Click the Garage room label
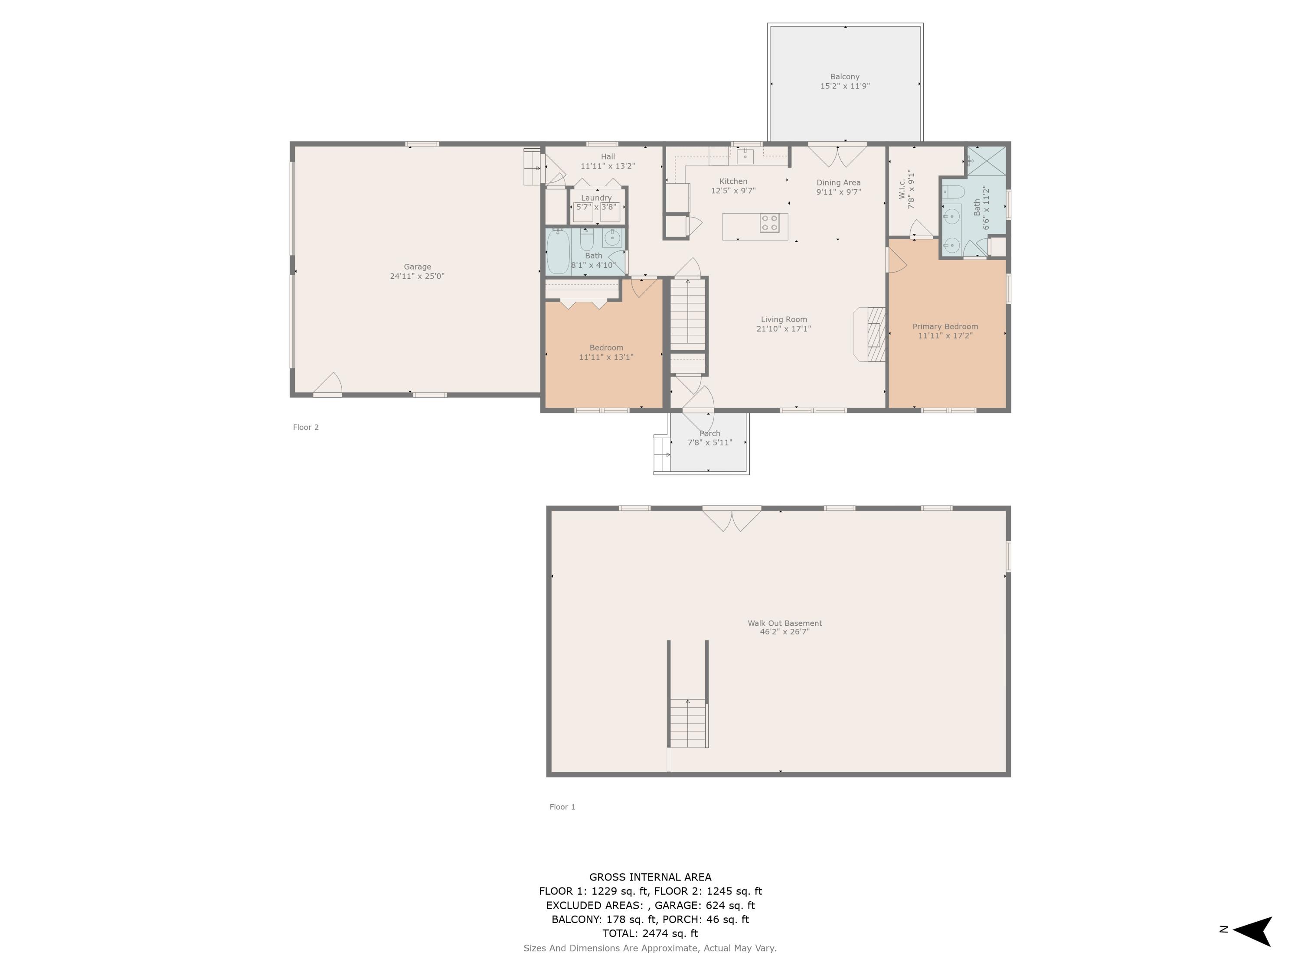(x=417, y=267)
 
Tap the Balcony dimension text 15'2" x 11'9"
(x=845, y=86)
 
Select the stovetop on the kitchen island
(x=770, y=223)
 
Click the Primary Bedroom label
(x=945, y=327)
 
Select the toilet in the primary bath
(x=953, y=192)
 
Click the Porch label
(x=710, y=433)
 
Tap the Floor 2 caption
(x=306, y=427)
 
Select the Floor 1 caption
(x=562, y=807)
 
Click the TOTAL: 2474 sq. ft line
(x=650, y=933)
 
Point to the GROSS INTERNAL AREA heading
(x=650, y=877)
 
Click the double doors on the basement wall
(x=732, y=520)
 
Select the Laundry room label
(x=596, y=198)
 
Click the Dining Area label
(x=838, y=183)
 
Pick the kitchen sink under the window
(x=745, y=156)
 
